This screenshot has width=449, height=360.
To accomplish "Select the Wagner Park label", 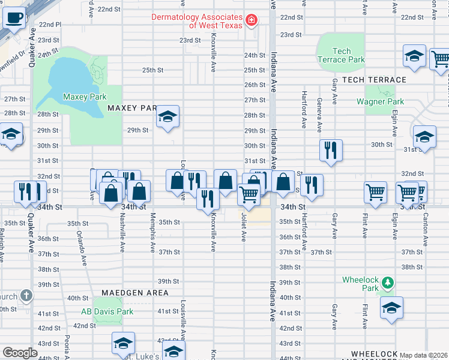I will (x=379, y=101).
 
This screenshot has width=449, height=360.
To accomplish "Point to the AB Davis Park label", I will (x=107, y=311).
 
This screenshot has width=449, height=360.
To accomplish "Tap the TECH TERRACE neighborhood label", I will (x=374, y=80).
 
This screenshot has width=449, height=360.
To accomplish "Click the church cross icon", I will (x=26, y=295).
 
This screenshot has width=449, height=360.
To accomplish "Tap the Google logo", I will (x=20, y=353).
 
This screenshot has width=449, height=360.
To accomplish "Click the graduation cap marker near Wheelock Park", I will (x=391, y=307).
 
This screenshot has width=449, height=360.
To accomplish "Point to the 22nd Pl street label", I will (x=50, y=25).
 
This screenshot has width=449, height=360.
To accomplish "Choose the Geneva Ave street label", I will (x=319, y=115).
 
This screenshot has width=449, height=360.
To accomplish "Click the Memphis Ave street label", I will (x=153, y=229).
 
